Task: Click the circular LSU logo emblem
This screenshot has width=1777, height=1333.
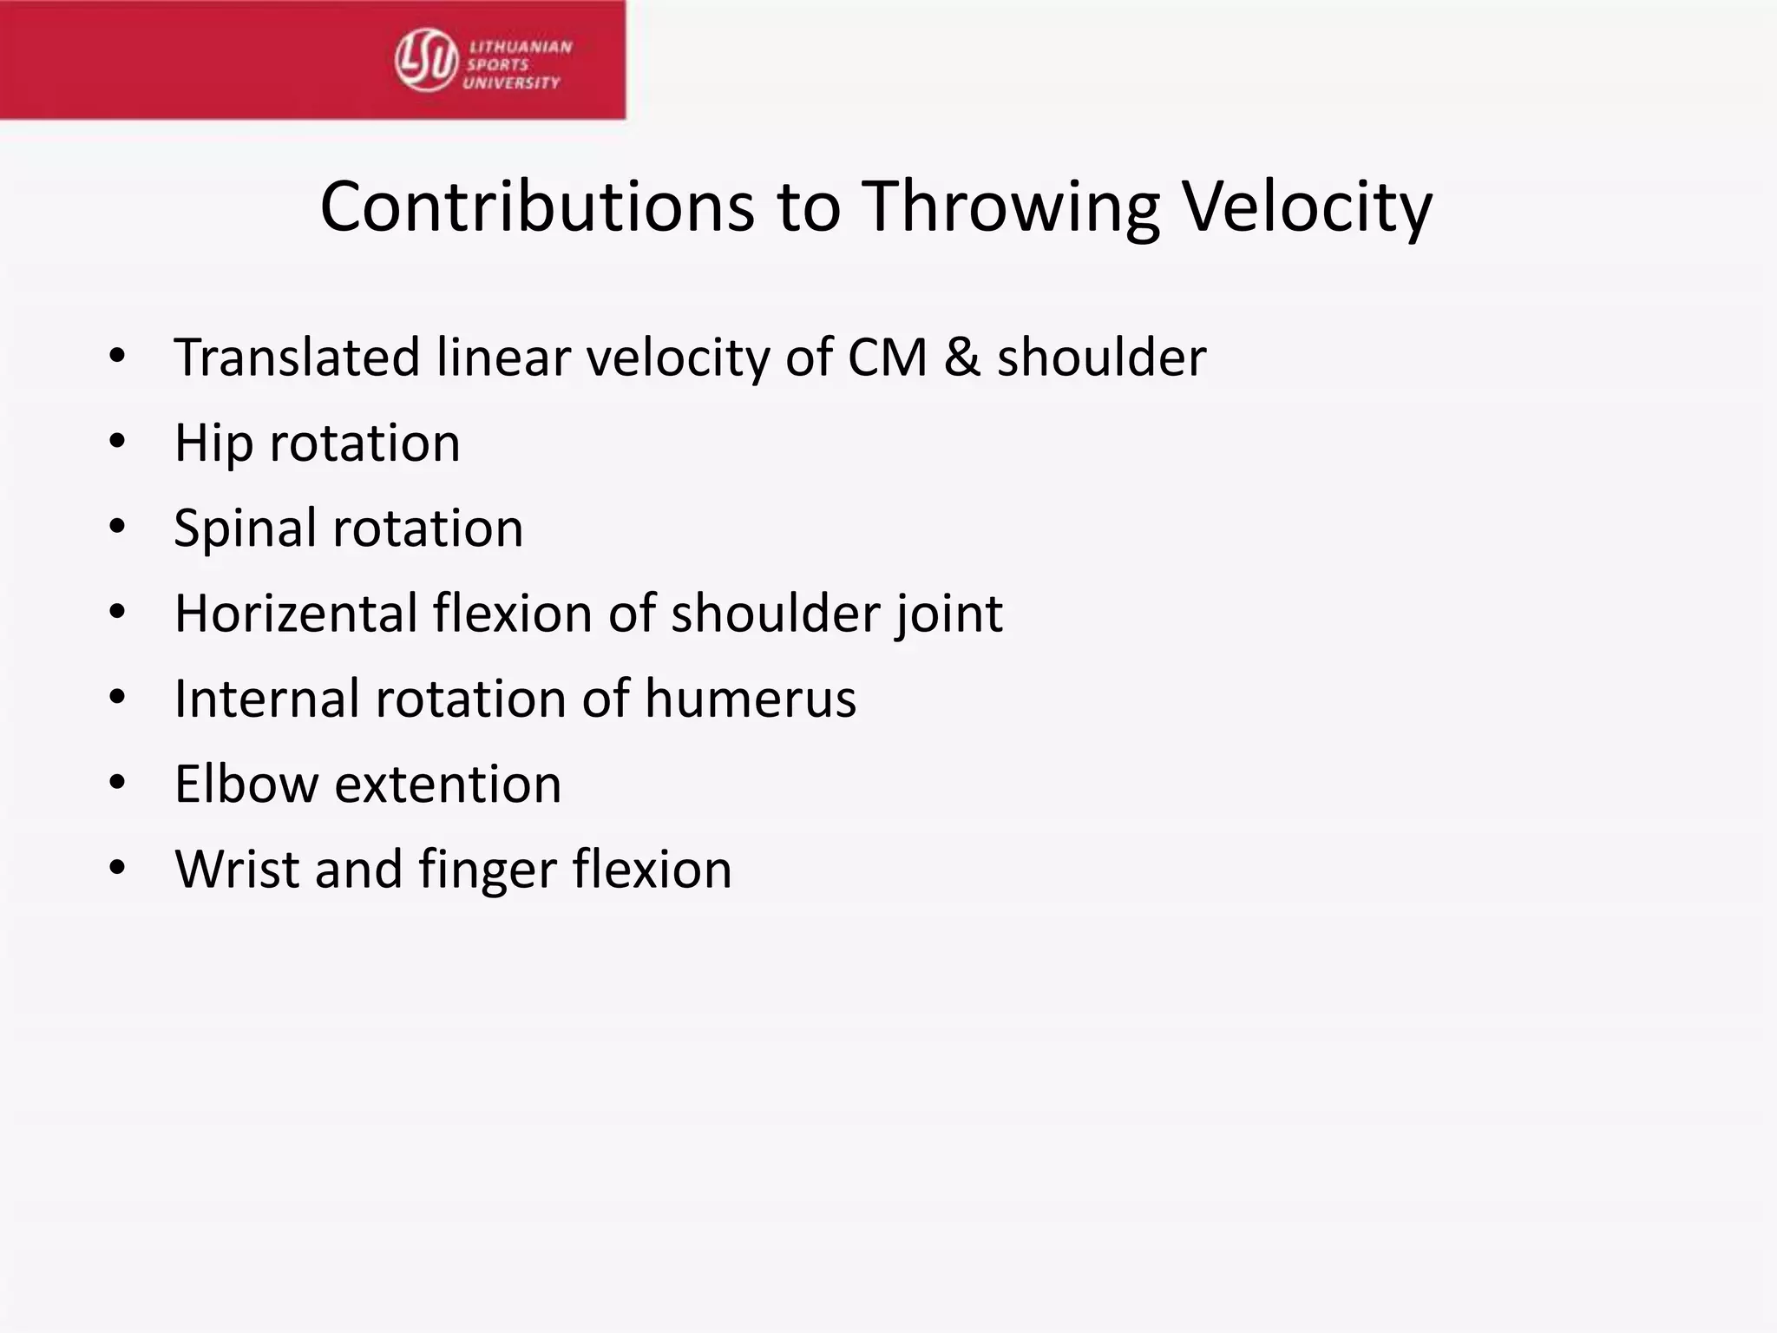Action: tap(426, 60)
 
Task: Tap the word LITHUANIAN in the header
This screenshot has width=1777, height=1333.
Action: tap(521, 47)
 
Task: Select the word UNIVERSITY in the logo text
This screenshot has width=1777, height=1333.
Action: tap(512, 83)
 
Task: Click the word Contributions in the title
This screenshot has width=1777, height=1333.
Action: tap(537, 207)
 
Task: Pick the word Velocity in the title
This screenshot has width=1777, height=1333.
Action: tap(1308, 207)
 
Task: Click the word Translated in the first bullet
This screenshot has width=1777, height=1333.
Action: tap(297, 358)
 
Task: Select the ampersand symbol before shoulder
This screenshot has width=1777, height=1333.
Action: tap(961, 358)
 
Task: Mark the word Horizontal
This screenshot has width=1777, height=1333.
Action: tap(296, 614)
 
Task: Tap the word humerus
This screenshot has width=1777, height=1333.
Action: tap(750, 699)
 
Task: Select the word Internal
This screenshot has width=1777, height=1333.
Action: tap(266, 699)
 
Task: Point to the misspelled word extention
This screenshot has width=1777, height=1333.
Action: tap(448, 785)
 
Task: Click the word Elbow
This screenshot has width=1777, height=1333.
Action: tap(246, 785)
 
